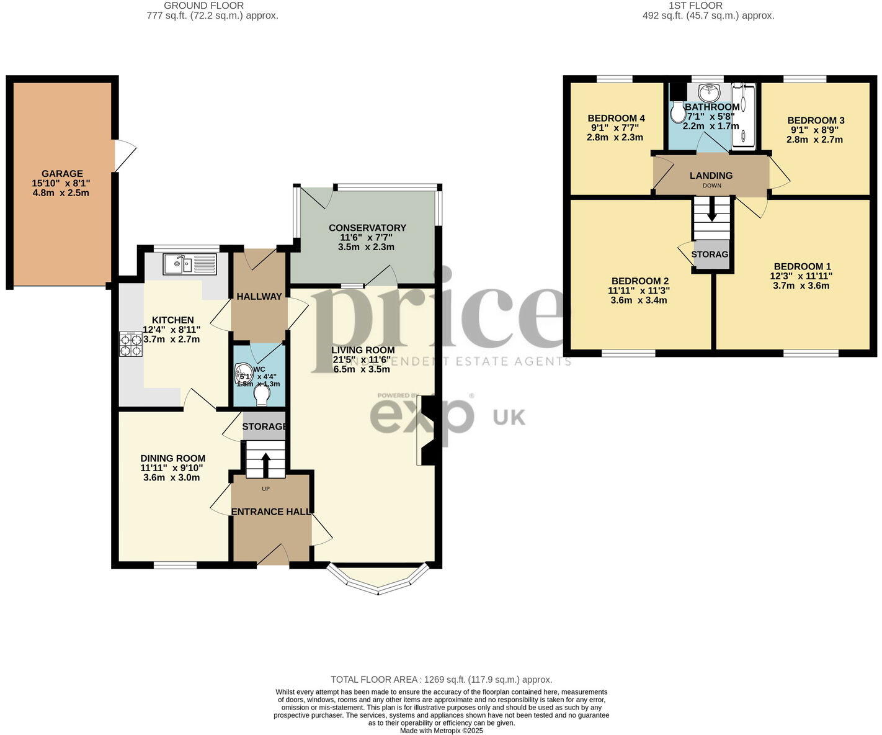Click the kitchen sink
coord(189,264)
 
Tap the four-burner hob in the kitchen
coord(130,345)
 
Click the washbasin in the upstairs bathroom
coord(708,93)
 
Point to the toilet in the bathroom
coord(677,112)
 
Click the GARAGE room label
coord(62,174)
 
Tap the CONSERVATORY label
coord(367,228)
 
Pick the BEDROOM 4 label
coord(616,119)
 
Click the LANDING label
coord(711,176)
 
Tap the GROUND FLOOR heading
coord(204,6)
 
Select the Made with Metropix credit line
coord(441,731)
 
